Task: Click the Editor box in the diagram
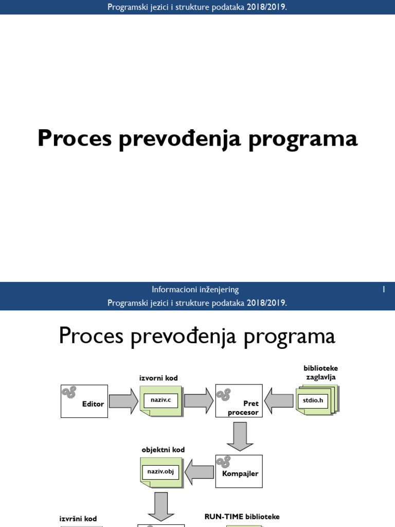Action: coord(84,401)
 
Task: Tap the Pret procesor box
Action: coord(239,401)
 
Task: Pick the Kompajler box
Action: coord(239,471)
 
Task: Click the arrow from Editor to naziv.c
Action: coord(123,401)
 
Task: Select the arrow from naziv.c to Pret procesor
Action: coord(199,401)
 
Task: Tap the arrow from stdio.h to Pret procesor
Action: coord(278,401)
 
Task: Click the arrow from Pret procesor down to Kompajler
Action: coord(240,436)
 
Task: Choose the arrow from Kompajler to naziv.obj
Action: coord(200,471)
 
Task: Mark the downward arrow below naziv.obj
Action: coord(161,505)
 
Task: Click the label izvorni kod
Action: coord(158,378)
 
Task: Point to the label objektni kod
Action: coord(163,450)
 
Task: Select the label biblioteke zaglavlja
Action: coord(320,373)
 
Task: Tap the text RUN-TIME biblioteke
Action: coord(242,516)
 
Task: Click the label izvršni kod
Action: coord(79,519)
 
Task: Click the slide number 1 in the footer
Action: coord(383,290)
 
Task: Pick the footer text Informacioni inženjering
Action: coord(195,290)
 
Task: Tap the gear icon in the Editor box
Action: coord(69,393)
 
